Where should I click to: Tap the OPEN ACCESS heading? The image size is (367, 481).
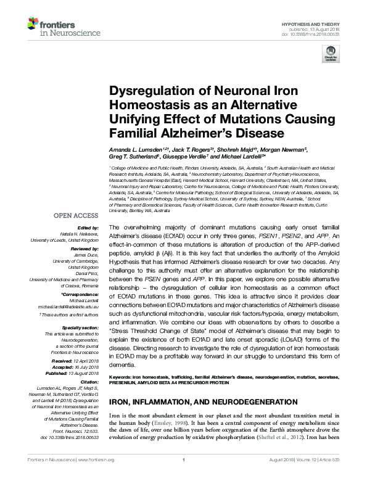(76, 216)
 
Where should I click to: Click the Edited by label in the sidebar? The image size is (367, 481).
(91, 228)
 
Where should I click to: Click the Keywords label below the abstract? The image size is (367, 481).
(121, 376)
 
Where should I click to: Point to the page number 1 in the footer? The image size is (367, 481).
(184, 475)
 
